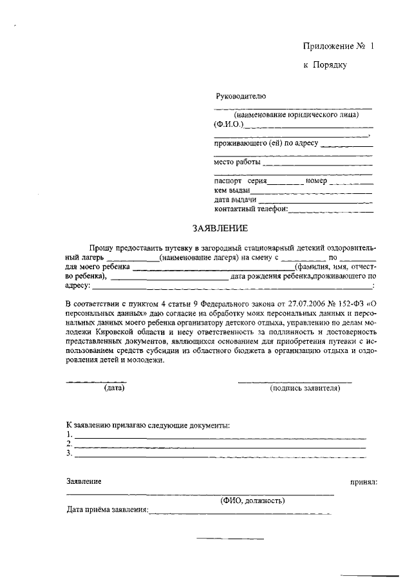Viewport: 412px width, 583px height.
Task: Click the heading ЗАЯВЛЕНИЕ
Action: [x=220, y=229]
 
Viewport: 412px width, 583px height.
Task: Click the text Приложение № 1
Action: [x=338, y=46]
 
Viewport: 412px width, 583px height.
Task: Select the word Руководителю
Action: [x=240, y=96]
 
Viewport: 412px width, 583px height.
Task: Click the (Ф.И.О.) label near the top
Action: [x=228, y=124]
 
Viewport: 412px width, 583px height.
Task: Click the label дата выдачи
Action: [x=236, y=200]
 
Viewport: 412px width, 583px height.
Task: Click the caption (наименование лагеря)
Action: [x=199, y=257]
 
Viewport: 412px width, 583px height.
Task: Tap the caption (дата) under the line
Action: [x=114, y=388]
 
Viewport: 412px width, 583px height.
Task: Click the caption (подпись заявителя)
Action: [x=304, y=388]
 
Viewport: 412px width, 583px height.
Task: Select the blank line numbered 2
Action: [x=220, y=445]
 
